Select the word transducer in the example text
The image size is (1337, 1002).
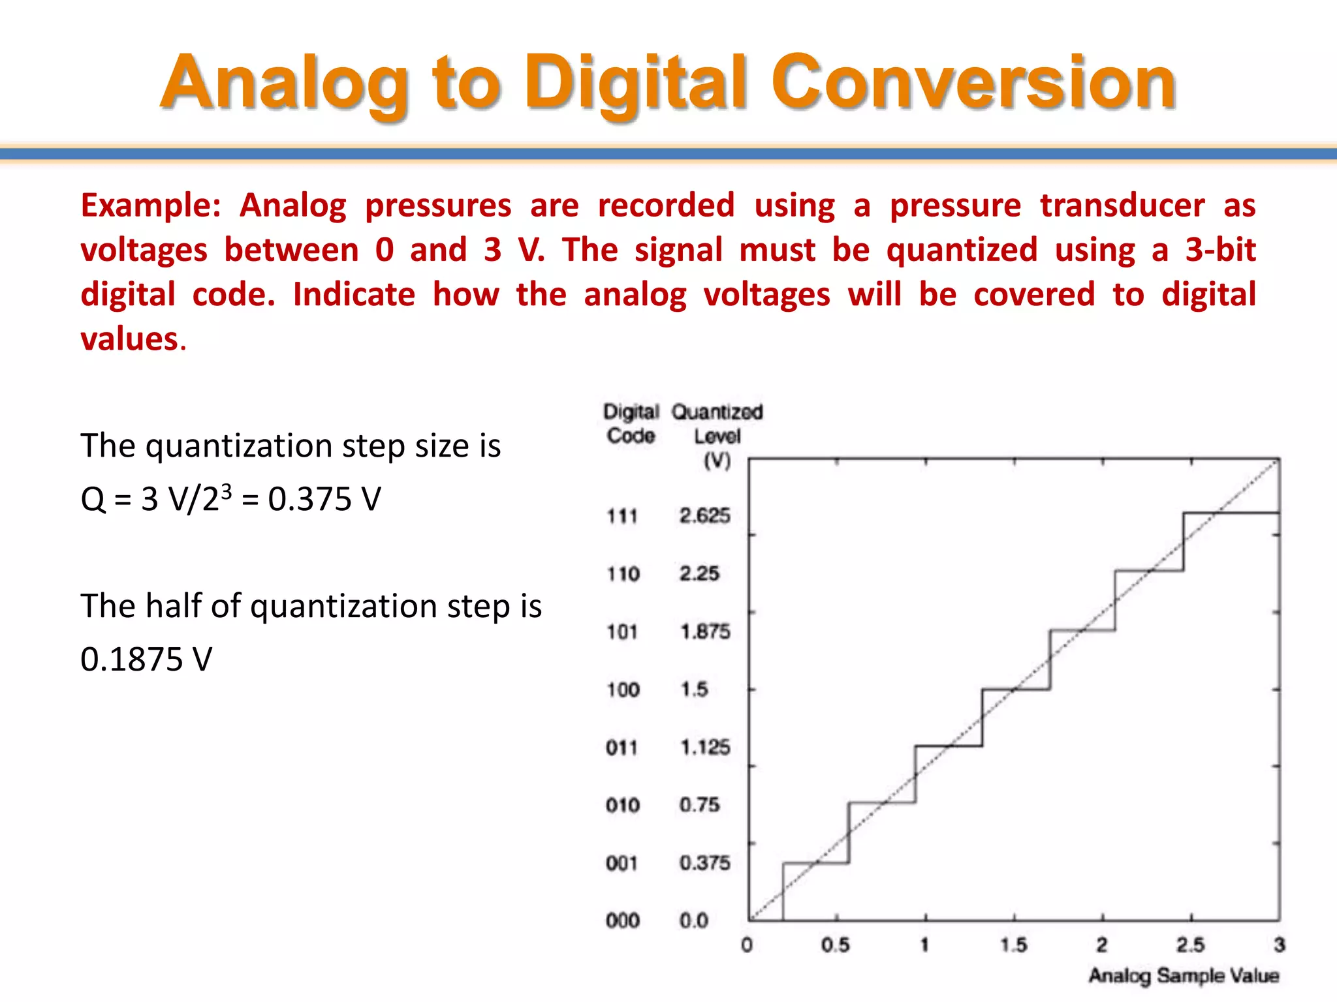1122,206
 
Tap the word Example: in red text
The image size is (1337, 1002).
151,206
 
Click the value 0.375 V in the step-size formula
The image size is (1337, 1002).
324,500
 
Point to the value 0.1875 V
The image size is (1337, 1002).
146,660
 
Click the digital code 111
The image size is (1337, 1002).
622,516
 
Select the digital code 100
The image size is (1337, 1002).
623,690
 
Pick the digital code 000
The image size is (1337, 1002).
622,920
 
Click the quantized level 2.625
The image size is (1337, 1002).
704,516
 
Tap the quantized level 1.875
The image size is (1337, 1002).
705,631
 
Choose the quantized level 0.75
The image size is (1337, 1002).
699,805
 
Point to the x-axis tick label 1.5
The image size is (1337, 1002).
1013,945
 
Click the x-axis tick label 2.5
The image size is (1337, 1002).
1190,945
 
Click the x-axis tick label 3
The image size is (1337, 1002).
1279,945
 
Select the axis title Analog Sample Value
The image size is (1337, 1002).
1183,976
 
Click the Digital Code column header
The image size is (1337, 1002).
631,424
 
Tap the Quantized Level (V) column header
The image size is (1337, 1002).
717,435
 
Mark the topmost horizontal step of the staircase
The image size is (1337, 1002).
1231,513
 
